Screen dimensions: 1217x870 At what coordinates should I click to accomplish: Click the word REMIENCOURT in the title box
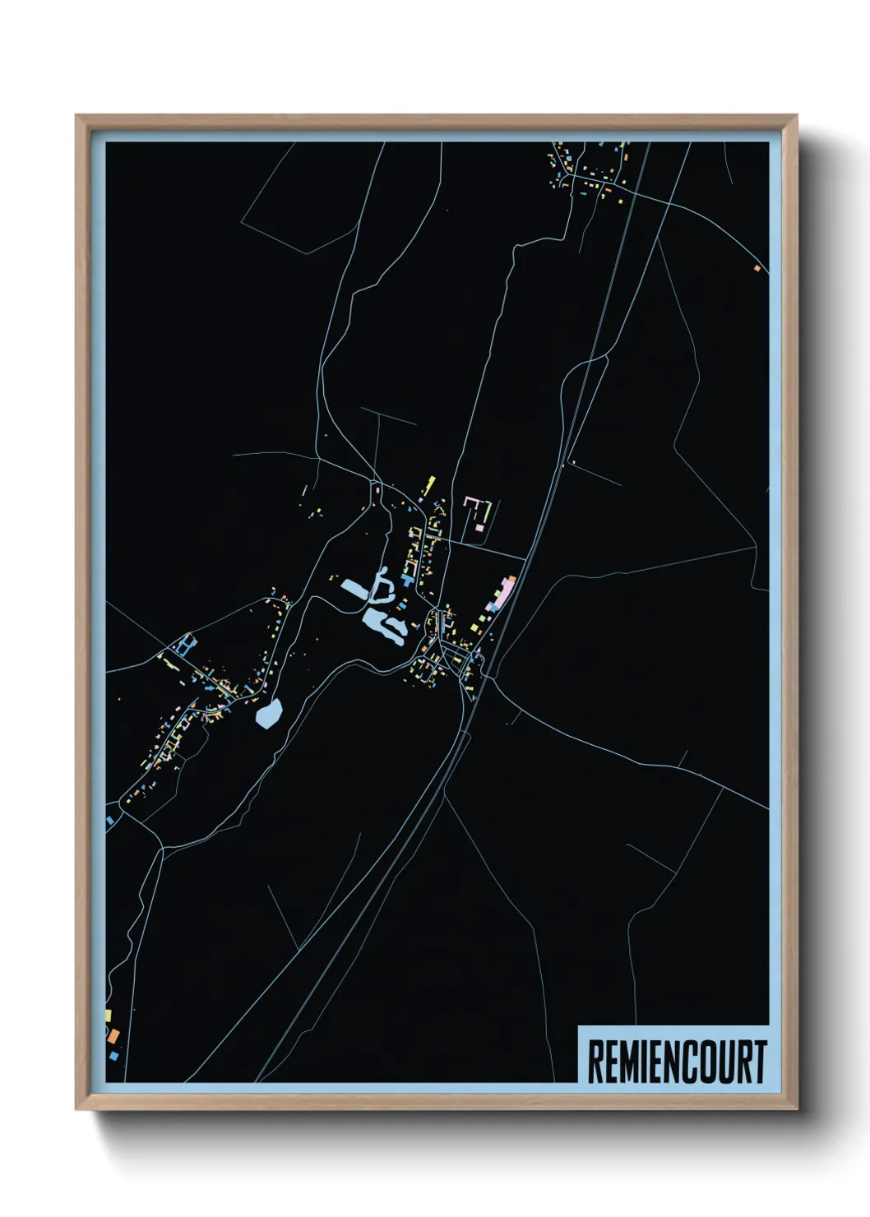(677, 1062)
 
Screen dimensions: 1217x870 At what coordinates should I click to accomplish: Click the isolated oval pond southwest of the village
(269, 712)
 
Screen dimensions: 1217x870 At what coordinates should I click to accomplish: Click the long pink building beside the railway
(502, 593)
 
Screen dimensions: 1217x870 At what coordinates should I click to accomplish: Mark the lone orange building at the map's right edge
(757, 267)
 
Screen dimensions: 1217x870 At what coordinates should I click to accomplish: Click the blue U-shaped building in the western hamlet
(184, 645)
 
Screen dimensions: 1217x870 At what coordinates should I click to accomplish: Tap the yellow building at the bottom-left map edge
(108, 1016)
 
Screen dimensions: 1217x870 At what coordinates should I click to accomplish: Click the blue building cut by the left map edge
(109, 820)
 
